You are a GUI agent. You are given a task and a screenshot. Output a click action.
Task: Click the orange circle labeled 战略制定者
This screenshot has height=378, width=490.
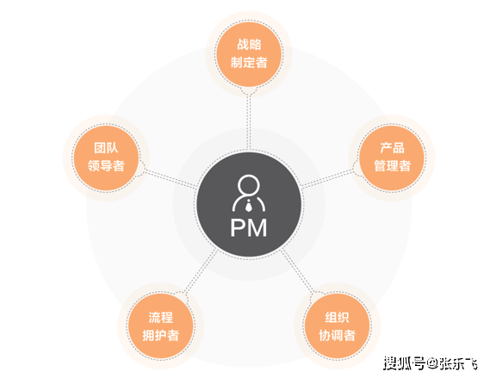click(x=249, y=54)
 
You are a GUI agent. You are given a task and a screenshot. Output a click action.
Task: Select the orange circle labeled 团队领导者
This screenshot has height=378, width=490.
click(x=106, y=158)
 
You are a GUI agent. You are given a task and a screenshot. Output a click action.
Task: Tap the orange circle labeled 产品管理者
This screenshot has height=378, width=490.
click(x=392, y=158)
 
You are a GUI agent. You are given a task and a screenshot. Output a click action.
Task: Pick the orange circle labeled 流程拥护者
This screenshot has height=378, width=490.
click(x=161, y=325)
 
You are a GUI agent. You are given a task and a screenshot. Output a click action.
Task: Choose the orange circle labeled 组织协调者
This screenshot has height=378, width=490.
click(x=338, y=325)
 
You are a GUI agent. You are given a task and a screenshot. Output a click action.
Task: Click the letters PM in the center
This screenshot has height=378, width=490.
click(x=249, y=227)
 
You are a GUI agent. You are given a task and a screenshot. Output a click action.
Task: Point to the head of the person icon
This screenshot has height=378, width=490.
click(x=249, y=185)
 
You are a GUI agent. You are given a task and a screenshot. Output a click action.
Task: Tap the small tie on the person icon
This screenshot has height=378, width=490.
click(x=249, y=206)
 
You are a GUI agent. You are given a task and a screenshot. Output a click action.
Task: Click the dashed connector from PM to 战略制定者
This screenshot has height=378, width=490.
click(x=249, y=121)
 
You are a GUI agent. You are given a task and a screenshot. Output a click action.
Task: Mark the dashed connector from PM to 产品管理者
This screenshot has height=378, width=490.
click(x=327, y=179)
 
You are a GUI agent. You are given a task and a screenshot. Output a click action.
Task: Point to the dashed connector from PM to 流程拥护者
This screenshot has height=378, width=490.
click(x=201, y=271)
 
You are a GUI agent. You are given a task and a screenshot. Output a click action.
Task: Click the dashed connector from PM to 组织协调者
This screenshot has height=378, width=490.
click(x=297, y=271)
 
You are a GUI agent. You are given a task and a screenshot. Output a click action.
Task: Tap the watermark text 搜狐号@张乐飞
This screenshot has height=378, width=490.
click(x=431, y=363)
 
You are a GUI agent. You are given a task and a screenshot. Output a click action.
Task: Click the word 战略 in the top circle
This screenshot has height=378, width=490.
click(x=249, y=45)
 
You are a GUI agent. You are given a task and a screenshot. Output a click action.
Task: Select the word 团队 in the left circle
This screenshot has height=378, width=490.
click(x=106, y=148)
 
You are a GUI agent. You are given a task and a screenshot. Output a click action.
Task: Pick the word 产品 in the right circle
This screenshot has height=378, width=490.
click(x=392, y=148)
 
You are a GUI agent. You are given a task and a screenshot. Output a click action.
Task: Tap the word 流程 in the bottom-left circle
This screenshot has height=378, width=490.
click(x=161, y=318)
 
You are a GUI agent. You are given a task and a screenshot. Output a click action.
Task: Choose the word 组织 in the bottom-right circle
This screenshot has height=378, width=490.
click(x=338, y=318)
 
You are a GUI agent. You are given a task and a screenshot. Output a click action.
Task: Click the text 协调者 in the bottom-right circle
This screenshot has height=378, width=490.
click(x=338, y=336)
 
